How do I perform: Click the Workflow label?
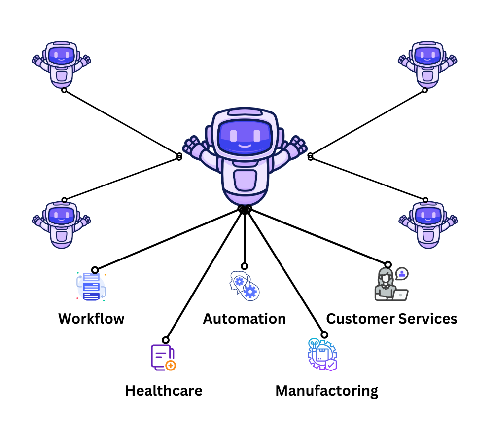91,318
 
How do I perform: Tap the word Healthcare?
163,391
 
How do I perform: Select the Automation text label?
245,318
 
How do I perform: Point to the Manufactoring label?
326,391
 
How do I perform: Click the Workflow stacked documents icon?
91,287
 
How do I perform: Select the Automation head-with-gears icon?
245,286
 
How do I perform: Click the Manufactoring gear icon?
321,355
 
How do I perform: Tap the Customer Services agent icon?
390,285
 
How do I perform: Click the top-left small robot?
62,64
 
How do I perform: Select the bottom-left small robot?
62,224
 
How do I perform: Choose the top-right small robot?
427,64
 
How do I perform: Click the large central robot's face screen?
245,136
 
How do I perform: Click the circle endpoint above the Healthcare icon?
166,340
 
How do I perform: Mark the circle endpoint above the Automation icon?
245,266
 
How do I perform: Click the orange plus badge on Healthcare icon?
171,366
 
